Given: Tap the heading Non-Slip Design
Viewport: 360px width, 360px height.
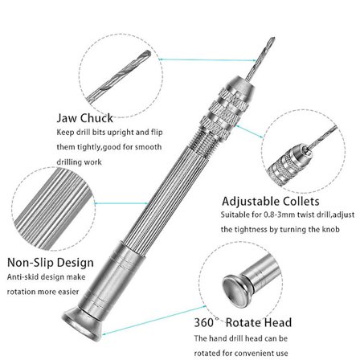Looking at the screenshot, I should pyautogui.click(x=50, y=263).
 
